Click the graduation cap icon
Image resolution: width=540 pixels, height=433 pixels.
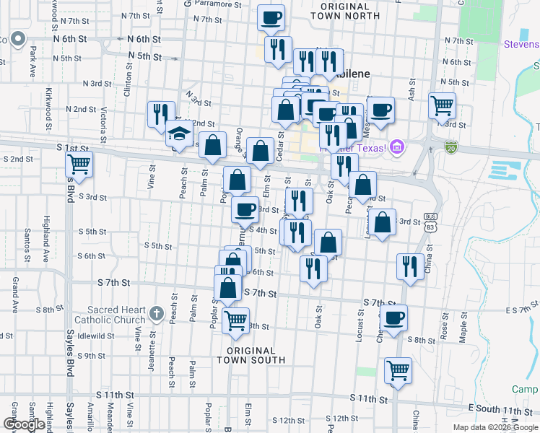(179, 134)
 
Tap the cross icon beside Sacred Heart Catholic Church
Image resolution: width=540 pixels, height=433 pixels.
(157, 313)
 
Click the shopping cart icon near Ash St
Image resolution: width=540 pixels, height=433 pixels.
(441, 105)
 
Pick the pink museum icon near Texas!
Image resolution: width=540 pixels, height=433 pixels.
(396, 149)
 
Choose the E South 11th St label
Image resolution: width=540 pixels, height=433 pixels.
(505, 410)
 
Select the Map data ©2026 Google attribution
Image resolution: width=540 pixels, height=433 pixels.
(495, 427)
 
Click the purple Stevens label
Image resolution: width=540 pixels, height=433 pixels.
(521, 45)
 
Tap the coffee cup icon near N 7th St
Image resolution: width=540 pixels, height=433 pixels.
(271, 17)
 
